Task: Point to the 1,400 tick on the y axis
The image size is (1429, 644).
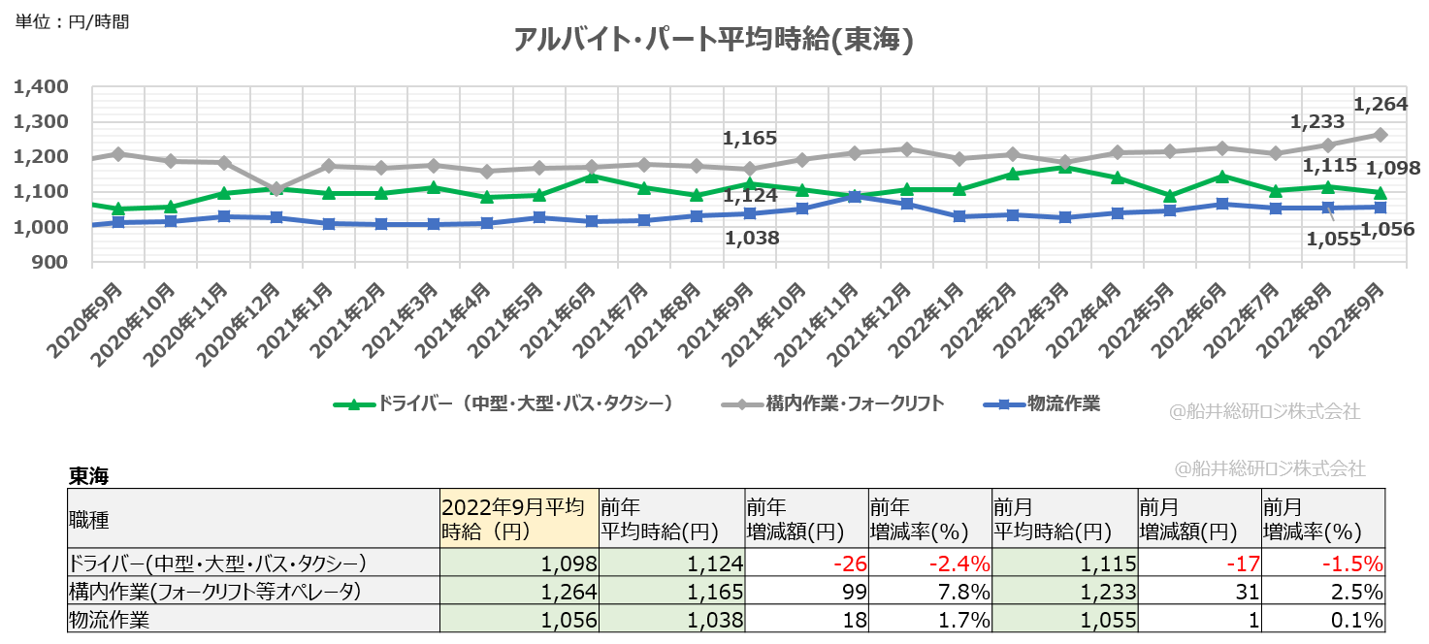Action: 41,87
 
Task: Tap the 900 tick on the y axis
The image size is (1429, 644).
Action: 49,263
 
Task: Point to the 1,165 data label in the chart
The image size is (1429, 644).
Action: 750,139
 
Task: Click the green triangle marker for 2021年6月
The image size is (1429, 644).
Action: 590,177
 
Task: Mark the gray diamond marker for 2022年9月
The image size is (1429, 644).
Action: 1380,135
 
